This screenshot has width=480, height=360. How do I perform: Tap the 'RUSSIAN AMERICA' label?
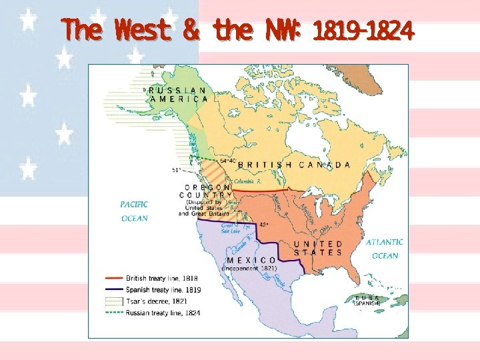[178, 94]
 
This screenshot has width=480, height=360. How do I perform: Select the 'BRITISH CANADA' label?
[294, 165]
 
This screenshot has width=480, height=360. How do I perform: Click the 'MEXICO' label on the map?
[252, 260]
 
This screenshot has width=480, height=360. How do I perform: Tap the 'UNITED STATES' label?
[318, 248]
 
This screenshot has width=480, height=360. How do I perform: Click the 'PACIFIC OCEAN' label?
[135, 211]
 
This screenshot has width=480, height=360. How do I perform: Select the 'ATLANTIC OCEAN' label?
[385, 249]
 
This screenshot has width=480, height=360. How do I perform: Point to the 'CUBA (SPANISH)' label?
[367, 300]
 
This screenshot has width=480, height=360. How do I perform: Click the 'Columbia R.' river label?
[247, 181]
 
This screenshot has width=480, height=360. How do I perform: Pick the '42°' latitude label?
[265, 225]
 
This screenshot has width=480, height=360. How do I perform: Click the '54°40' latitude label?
[228, 160]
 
